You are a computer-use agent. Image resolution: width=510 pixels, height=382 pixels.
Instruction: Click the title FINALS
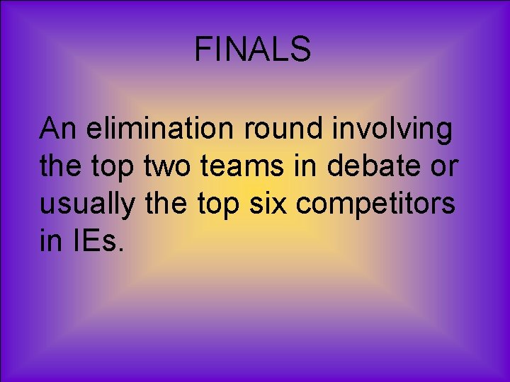(x=253, y=50)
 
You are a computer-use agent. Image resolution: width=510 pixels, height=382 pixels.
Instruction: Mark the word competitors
(x=375, y=205)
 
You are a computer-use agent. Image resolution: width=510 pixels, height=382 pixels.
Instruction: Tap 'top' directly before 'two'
(x=113, y=168)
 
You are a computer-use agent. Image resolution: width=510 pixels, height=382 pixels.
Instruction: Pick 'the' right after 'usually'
(x=161, y=204)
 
